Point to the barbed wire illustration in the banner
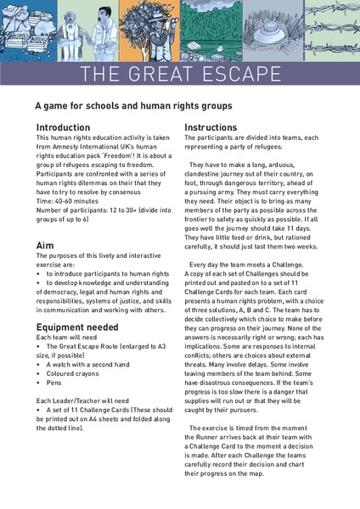click(335, 25)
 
